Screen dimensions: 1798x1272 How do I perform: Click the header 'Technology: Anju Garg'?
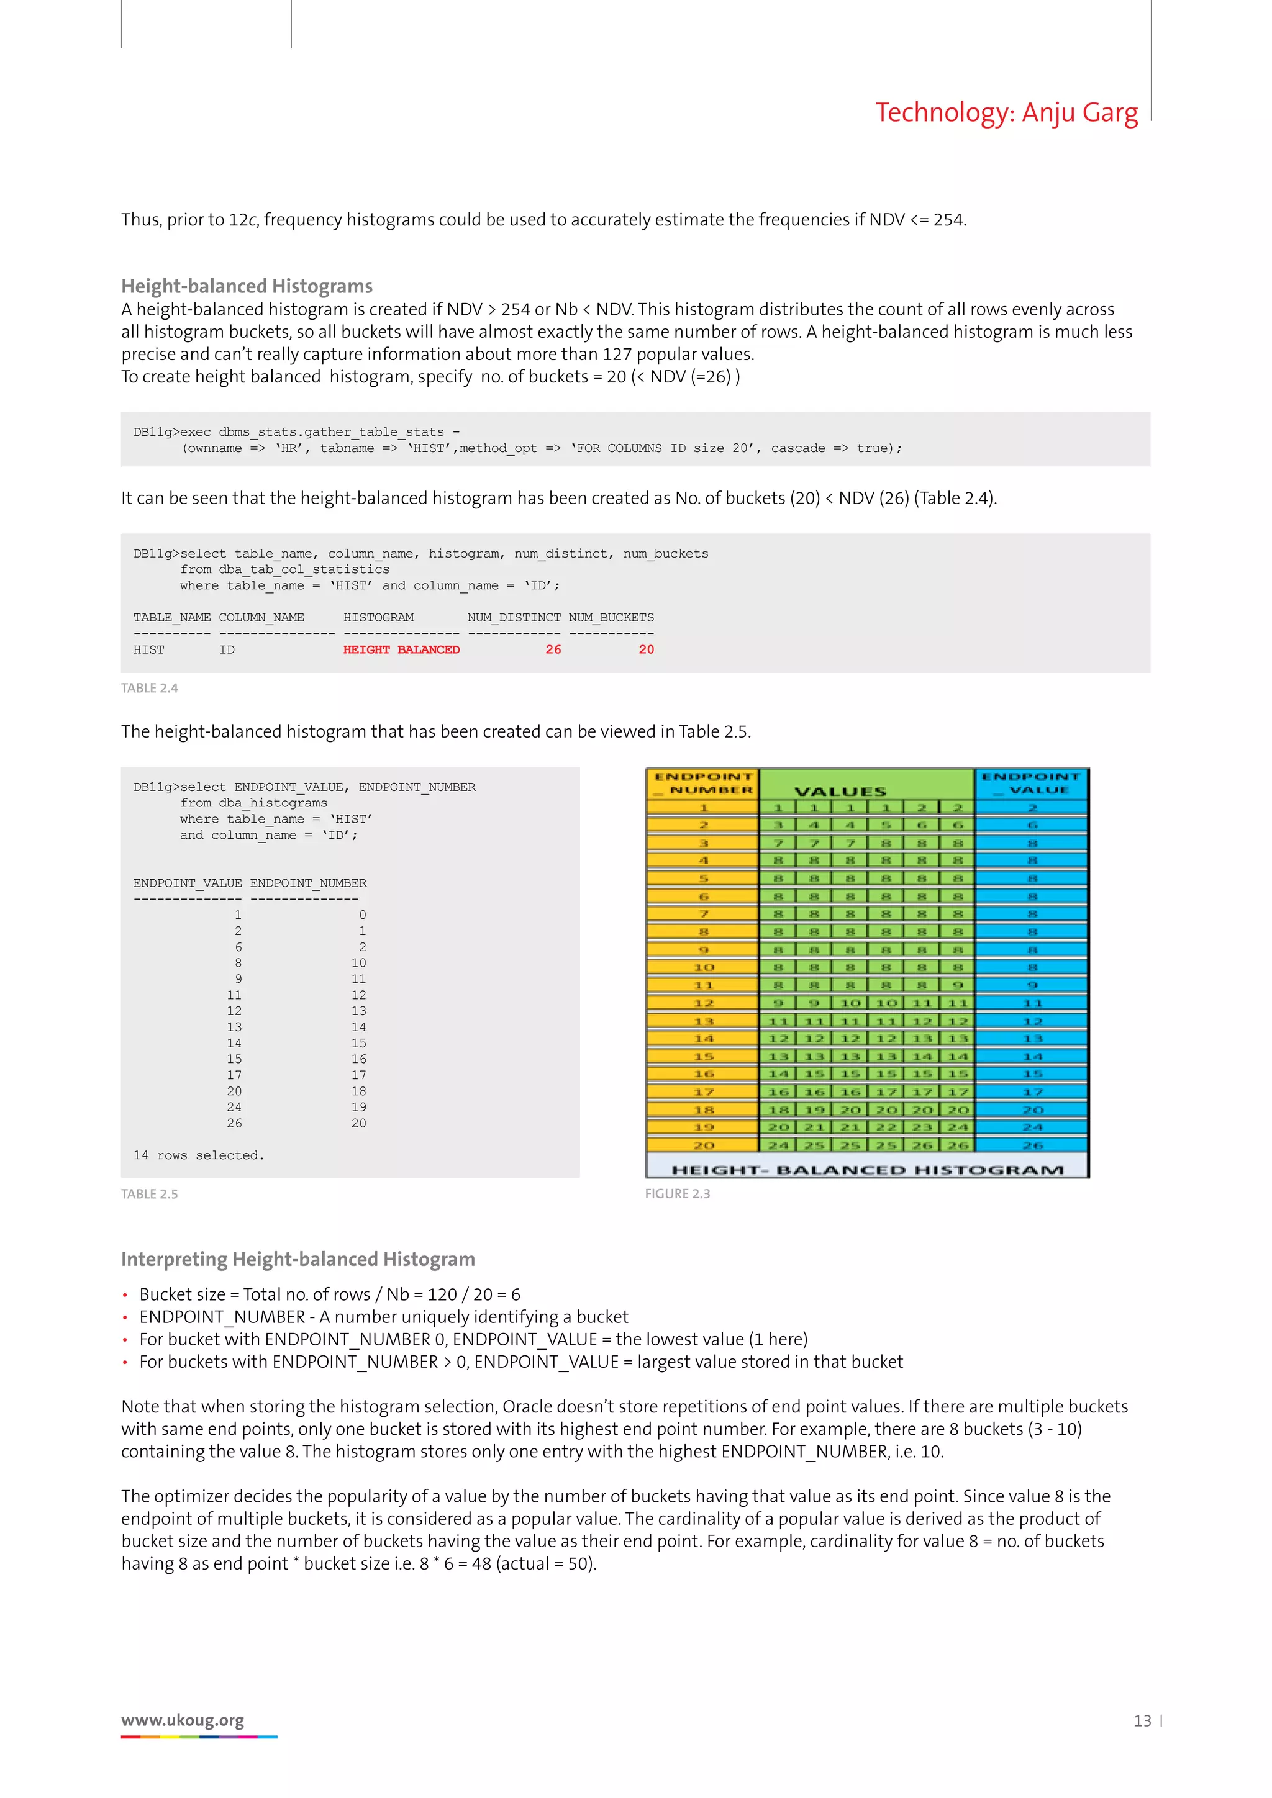pyautogui.click(x=1006, y=113)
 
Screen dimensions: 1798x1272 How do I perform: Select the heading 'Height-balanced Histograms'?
pyautogui.click(x=247, y=286)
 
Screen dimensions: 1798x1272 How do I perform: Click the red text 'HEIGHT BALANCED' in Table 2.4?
pyautogui.click(x=401, y=649)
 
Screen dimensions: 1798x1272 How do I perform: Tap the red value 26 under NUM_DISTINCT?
pyautogui.click(x=553, y=649)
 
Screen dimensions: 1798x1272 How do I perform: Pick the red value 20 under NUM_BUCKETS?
pyautogui.click(x=646, y=649)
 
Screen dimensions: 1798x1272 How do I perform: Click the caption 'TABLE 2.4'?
pyautogui.click(x=150, y=689)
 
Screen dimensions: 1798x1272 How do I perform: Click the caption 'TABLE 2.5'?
pyautogui.click(x=150, y=1195)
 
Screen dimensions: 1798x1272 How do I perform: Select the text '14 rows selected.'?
pyautogui.click(x=199, y=1155)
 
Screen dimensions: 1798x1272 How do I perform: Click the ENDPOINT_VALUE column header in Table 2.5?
pyautogui.click(x=187, y=883)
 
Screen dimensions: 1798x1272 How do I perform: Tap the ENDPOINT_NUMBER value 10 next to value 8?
pyautogui.click(x=359, y=963)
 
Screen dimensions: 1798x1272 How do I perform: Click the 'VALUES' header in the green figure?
pyautogui.click(x=840, y=791)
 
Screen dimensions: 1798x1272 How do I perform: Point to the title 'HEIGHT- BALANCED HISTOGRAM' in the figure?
pyautogui.click(x=867, y=1170)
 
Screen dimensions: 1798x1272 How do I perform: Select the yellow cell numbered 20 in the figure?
pyautogui.click(x=703, y=1145)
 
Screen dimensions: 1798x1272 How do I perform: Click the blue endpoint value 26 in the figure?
pyautogui.click(x=1032, y=1145)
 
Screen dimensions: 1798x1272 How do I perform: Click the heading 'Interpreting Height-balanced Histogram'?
pyautogui.click(x=298, y=1259)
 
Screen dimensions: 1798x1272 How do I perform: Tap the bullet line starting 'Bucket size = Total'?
pyautogui.click(x=329, y=1294)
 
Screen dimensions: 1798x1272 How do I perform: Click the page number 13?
pyautogui.click(x=1142, y=1720)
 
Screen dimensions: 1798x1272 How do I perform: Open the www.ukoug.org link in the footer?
pyautogui.click(x=183, y=1720)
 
